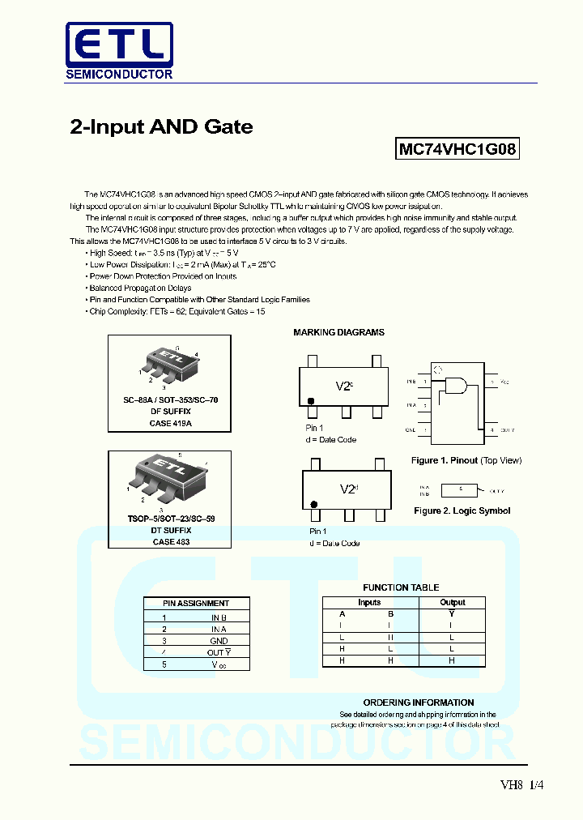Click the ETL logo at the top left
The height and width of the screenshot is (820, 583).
[118, 51]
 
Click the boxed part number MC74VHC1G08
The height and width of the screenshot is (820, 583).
[457, 150]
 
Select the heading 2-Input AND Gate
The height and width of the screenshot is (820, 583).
[162, 127]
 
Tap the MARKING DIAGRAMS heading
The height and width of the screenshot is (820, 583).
[338, 332]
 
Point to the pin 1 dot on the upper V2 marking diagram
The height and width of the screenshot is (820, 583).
[311, 401]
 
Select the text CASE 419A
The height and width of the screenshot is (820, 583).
[170, 423]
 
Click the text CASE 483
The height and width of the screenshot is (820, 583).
[170, 541]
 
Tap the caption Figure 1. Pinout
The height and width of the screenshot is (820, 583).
[466, 460]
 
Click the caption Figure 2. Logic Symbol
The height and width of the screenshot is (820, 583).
[462, 510]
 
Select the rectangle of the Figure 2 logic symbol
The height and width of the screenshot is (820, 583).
[459, 490]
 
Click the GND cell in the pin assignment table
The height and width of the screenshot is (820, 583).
[219, 641]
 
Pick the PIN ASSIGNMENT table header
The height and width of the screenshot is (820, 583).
[196, 603]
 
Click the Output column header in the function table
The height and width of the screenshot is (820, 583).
[452, 602]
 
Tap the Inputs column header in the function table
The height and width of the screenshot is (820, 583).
[369, 602]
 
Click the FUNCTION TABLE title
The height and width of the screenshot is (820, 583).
[401, 587]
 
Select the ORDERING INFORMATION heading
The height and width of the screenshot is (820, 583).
[418, 703]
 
